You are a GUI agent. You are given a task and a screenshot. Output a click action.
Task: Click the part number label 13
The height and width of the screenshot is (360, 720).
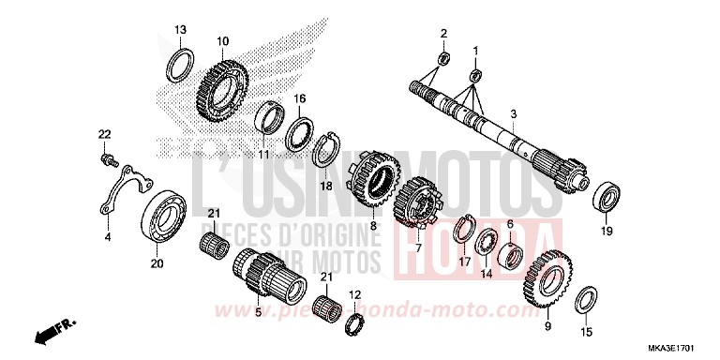(x=180, y=30)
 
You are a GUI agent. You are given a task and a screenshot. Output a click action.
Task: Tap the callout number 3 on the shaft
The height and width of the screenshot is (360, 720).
(x=513, y=113)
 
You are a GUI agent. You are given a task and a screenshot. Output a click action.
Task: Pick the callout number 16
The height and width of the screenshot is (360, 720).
(x=300, y=97)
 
